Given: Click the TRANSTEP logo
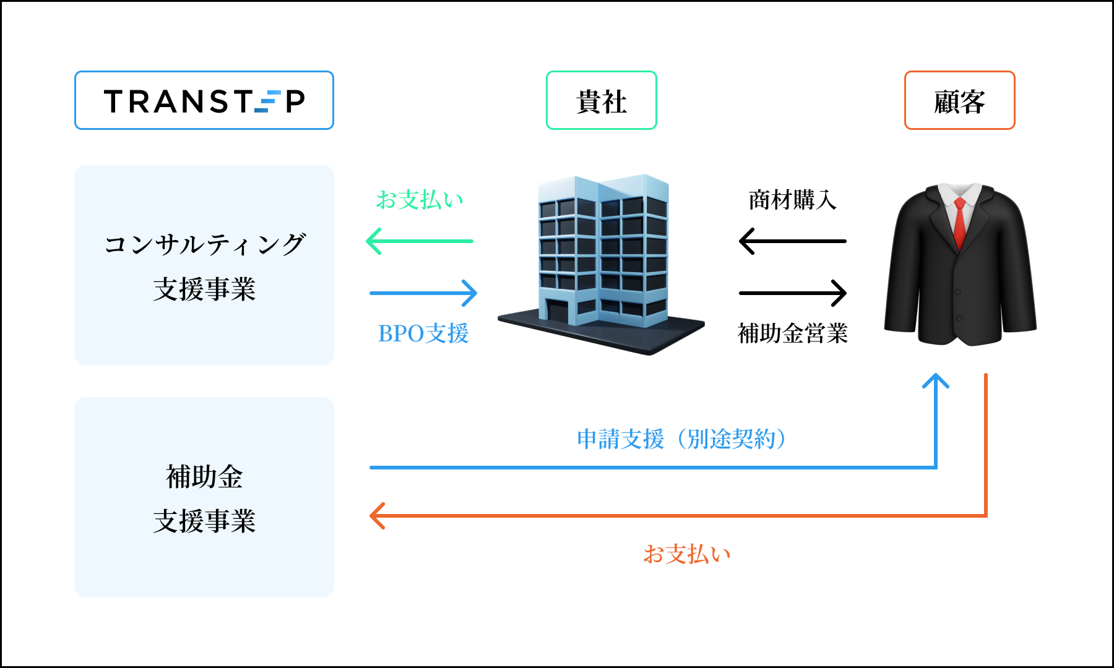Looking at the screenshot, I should click(x=204, y=101).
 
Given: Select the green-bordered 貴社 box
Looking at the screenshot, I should click(x=601, y=101).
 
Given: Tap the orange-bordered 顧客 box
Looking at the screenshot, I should click(x=959, y=101).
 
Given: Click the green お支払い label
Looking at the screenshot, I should click(x=420, y=200).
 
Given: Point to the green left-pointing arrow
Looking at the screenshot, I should click(x=420, y=241).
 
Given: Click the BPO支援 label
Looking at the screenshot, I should click(x=423, y=333).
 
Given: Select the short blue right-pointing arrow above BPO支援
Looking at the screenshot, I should click(x=423, y=293).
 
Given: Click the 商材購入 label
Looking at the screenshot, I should click(x=793, y=200).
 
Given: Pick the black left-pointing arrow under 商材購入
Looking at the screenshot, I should click(x=792, y=241).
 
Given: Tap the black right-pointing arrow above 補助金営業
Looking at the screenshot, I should click(x=793, y=293).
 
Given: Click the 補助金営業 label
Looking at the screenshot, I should click(x=793, y=333).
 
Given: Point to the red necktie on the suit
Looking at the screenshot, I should click(x=959, y=223).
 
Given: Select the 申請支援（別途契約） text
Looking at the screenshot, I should click(x=681, y=439).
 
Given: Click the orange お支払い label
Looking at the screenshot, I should click(x=687, y=554).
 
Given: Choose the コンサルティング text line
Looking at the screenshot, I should click(x=204, y=244).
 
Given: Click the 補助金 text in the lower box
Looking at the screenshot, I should click(x=204, y=477).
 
